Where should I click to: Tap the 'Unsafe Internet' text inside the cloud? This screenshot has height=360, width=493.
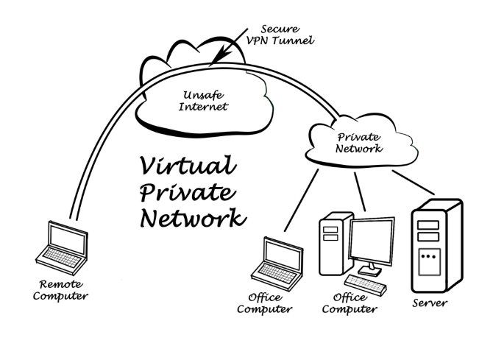204,100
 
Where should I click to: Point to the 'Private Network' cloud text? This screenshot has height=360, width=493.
359,142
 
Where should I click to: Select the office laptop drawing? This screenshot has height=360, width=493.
279,261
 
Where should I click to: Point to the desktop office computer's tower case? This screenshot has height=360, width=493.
332,244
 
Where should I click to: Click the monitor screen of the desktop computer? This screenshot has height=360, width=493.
372,244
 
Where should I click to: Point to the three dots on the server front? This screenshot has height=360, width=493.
428,257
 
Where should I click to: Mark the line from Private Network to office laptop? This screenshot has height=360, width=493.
302,197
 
